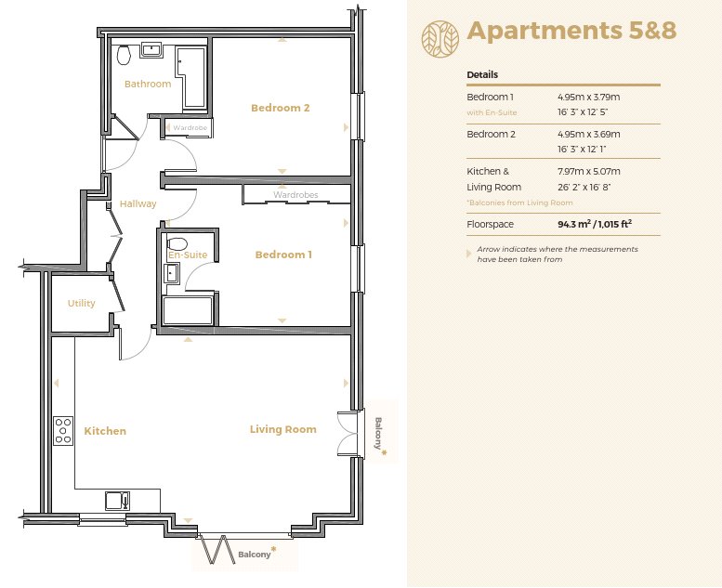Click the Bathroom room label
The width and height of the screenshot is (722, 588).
point(148,84)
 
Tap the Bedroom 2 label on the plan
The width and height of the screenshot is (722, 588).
point(281,108)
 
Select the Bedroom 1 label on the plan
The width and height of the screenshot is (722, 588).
point(283,255)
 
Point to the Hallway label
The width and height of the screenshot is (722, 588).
point(138,204)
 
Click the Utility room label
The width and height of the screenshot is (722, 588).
point(82,304)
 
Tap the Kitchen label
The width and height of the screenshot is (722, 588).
point(105,431)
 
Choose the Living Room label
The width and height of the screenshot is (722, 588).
point(283,429)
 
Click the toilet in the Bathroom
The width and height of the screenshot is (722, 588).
point(124,55)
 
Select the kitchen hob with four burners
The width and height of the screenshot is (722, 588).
point(63,430)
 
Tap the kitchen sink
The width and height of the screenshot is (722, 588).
point(117,501)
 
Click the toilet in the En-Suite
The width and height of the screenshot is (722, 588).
point(177,243)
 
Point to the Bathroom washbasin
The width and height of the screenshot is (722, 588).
point(151,49)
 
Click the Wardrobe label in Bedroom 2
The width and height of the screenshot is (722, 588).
point(190,128)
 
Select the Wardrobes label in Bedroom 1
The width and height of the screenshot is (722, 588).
point(295,195)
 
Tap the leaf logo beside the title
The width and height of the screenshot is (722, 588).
point(440,39)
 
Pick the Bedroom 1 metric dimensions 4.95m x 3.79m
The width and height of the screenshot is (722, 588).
point(588,98)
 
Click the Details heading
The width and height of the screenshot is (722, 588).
point(482,74)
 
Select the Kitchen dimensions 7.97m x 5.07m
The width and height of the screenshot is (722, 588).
point(589,171)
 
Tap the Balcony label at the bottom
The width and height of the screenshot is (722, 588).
point(255,555)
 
